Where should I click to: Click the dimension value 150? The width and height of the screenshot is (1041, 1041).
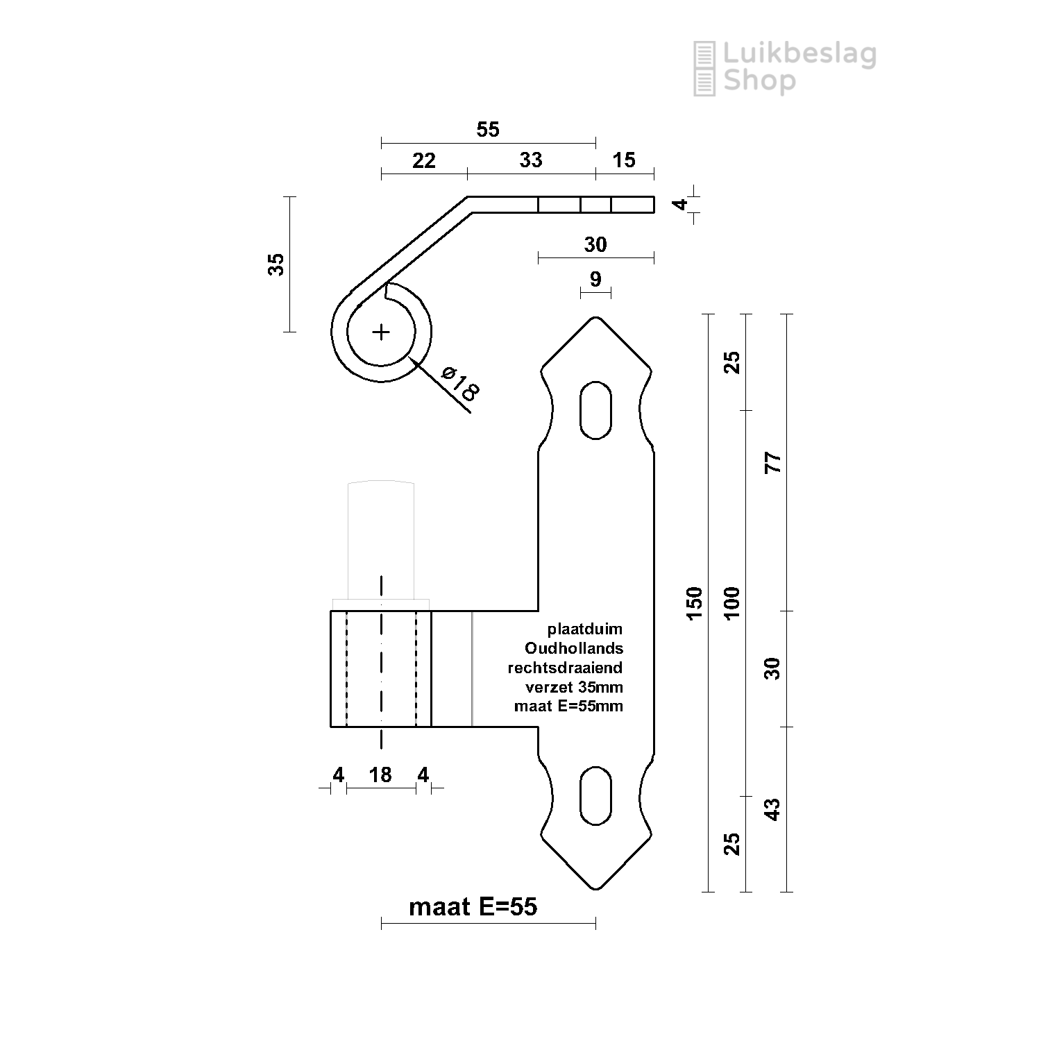[695, 599]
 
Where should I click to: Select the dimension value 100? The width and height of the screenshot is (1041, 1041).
[732, 602]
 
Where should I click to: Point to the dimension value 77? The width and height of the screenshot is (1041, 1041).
[772, 462]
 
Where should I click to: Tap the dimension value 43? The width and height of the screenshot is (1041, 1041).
[772, 809]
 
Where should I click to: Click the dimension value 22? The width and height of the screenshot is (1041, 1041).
[423, 161]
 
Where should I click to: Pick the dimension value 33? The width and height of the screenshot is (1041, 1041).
[531, 160]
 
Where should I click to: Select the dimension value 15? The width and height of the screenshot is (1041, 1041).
[624, 160]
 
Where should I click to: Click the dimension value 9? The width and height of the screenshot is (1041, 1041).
[595, 279]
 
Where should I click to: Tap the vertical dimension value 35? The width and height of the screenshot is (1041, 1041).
[276, 264]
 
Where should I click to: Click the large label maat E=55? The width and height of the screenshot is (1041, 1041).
[473, 906]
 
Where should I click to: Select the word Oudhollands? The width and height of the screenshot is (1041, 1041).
[574, 648]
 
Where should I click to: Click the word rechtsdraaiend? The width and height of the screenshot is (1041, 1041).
[565, 668]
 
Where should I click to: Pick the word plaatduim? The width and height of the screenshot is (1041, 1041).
[585, 629]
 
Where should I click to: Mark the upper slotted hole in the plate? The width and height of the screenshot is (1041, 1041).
[595, 409]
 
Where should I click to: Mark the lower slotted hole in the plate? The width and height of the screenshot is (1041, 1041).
[595, 795]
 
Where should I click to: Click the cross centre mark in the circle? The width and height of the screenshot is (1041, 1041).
[381, 332]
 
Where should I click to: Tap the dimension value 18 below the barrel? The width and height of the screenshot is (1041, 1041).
[380, 775]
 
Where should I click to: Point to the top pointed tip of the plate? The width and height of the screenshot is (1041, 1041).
[595, 319]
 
